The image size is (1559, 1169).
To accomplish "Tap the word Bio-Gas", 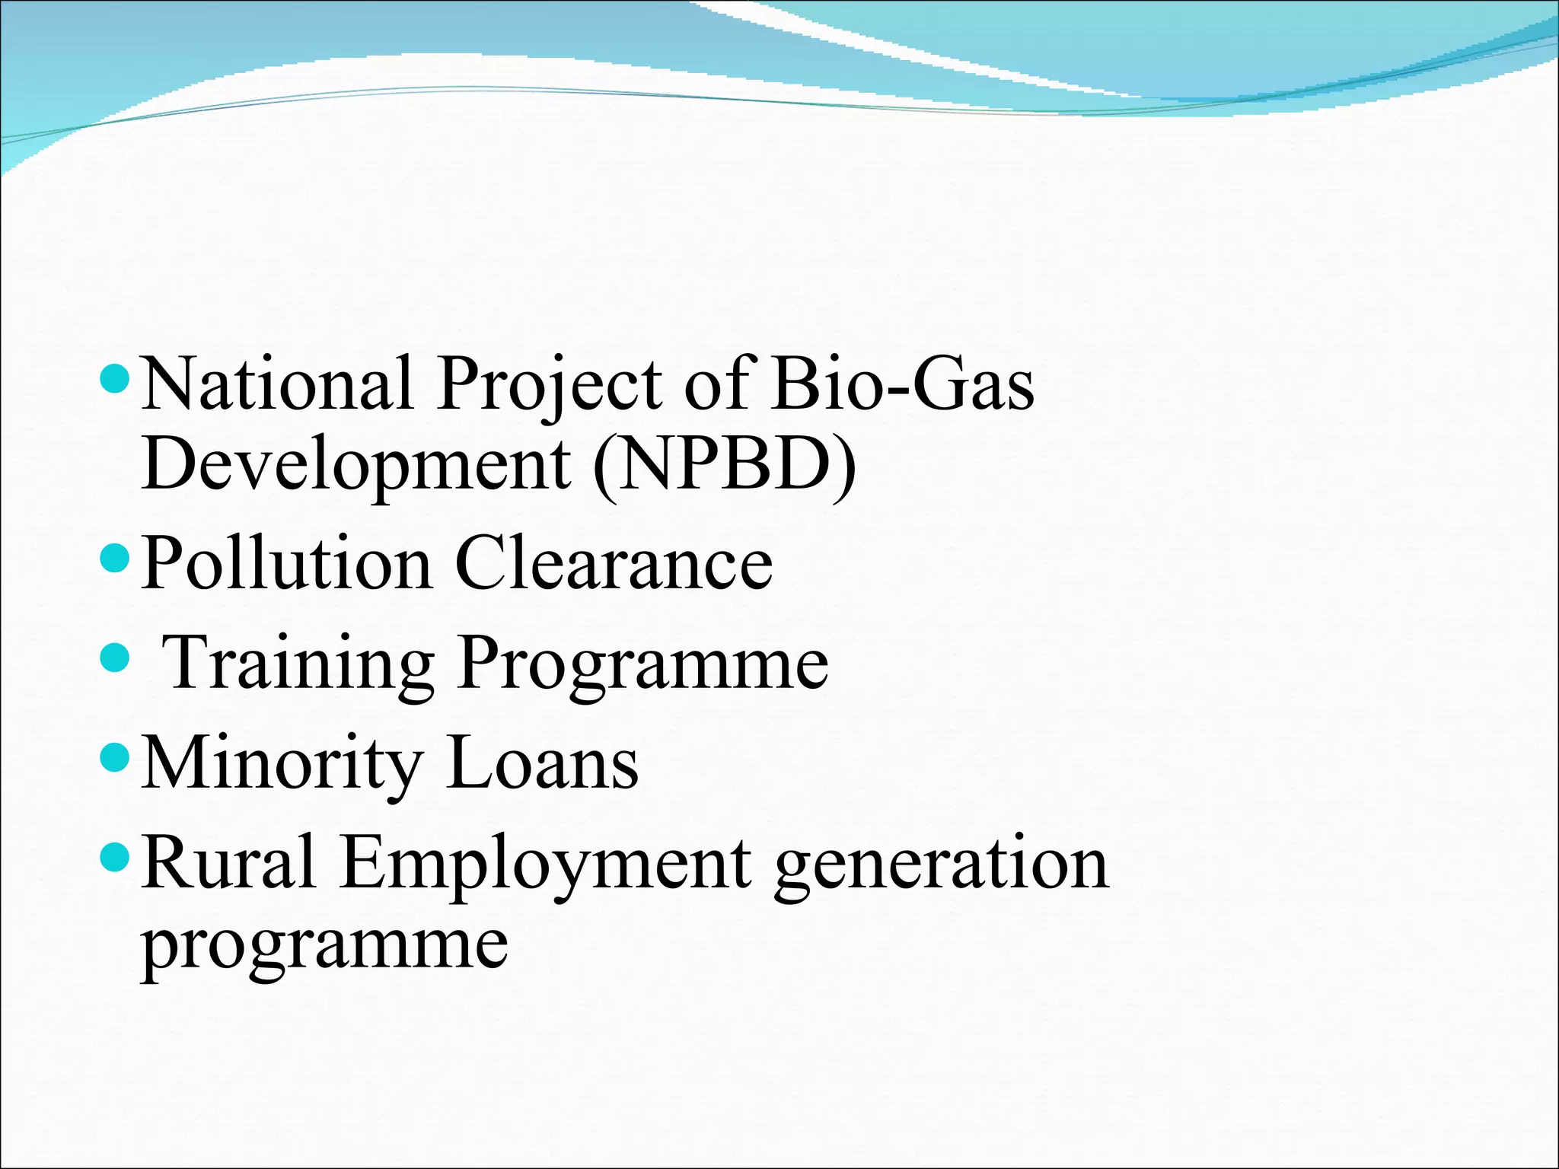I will coord(902,384).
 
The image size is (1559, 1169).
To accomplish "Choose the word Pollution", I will coord(286,563).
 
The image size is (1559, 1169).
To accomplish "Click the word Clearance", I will coord(614,563).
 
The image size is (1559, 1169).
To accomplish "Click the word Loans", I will coord(543,763).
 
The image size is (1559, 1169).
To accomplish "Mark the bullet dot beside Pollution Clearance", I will coord(115,558).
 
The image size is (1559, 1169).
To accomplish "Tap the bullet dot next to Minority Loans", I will coord(115,757).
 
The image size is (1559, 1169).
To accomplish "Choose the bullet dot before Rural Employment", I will coord(115,858).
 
